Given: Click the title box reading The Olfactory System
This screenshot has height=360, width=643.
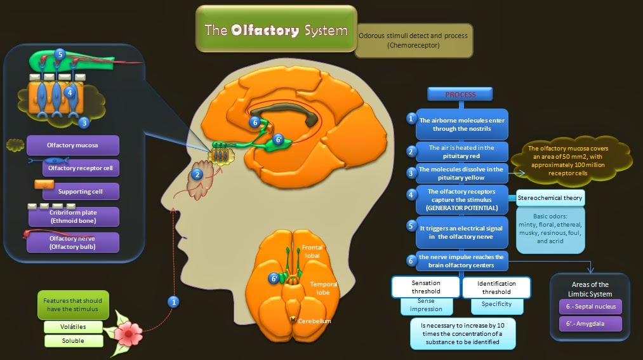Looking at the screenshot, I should (x=275, y=29).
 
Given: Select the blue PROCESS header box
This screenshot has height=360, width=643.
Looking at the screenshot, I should (x=460, y=94).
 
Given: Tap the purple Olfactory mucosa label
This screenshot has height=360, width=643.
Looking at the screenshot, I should (x=72, y=145).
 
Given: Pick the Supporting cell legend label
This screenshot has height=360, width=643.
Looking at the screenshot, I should (x=80, y=191).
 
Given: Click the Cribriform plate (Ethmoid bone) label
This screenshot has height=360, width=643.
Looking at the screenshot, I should (x=73, y=217).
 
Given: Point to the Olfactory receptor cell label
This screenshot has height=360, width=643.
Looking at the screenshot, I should (x=80, y=168).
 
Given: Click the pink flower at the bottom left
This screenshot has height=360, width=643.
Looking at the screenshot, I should (x=132, y=331).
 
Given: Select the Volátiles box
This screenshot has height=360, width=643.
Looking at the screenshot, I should (x=74, y=327).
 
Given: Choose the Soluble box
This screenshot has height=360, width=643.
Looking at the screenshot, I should (x=74, y=341).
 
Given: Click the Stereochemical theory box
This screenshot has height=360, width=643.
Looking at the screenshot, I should (x=550, y=198).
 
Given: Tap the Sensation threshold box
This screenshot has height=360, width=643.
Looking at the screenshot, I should (x=426, y=287).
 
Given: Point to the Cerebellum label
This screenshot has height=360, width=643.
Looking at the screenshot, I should (x=314, y=321).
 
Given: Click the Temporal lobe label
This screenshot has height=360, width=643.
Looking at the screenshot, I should (x=323, y=289).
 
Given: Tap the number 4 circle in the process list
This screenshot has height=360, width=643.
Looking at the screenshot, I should (x=411, y=194).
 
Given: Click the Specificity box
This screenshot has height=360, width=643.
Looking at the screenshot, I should (x=492, y=305).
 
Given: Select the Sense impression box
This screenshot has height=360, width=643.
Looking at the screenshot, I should (x=426, y=305).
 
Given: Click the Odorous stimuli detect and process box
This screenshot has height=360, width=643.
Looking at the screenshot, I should (x=413, y=40).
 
